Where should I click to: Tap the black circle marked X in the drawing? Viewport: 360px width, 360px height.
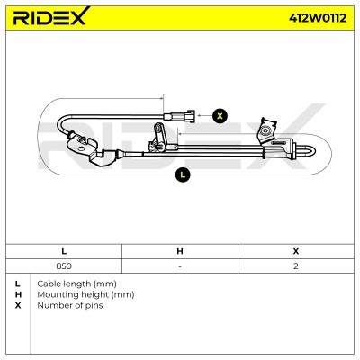point(219,114)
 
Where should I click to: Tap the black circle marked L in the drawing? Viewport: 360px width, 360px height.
point(183,175)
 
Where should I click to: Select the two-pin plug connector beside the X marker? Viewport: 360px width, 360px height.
point(183,115)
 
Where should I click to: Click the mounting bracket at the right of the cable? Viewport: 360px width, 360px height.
point(267,132)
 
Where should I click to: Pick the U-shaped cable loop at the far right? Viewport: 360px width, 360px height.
point(306,149)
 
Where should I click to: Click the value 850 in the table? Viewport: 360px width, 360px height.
point(64,267)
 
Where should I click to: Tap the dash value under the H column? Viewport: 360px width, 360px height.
point(180,267)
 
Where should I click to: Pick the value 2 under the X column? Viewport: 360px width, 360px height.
point(296,267)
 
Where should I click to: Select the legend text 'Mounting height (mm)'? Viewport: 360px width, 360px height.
point(85,293)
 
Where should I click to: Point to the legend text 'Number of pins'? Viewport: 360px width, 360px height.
point(70,305)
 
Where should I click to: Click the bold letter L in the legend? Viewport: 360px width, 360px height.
point(18,283)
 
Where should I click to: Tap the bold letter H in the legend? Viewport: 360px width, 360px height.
point(18,293)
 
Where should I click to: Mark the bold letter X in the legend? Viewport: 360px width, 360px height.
point(18,305)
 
